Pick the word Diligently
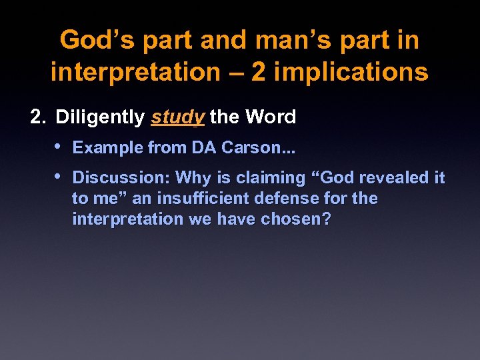click(100, 117)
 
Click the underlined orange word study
click(177, 117)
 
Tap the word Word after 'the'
click(270, 117)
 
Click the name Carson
click(245, 147)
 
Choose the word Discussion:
click(122, 178)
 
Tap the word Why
click(192, 178)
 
